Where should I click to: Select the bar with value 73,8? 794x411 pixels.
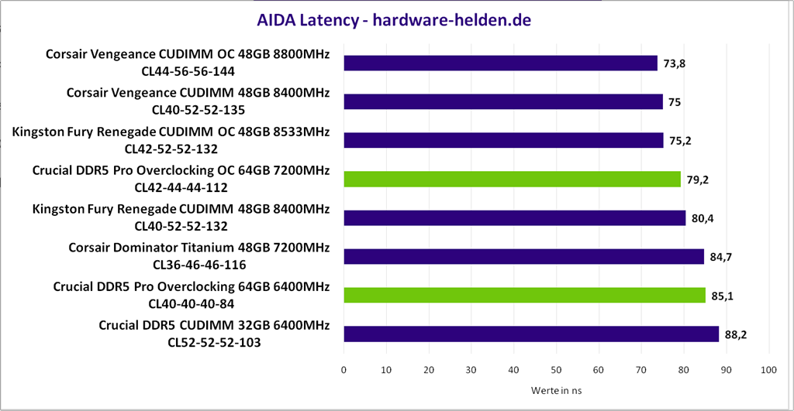point(500,63)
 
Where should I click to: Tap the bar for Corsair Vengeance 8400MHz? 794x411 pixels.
point(503,101)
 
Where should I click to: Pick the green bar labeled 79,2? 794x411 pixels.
point(512,179)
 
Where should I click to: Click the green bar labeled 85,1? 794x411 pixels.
point(524,295)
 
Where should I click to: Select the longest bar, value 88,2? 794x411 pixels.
point(531,334)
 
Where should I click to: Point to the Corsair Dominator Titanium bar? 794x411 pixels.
point(523,256)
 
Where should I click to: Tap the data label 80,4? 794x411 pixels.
point(702,218)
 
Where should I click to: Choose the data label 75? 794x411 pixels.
point(675,102)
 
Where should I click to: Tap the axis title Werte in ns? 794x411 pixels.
point(556,391)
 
